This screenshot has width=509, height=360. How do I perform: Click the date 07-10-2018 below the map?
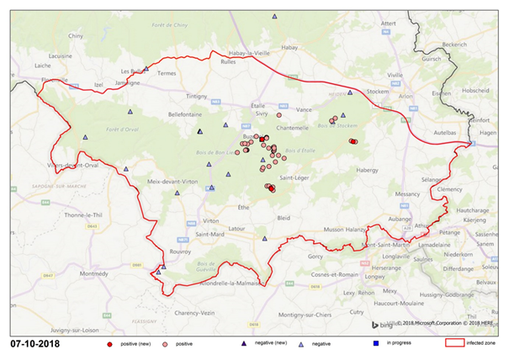click(35, 344)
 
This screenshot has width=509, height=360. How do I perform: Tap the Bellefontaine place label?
click(186, 112)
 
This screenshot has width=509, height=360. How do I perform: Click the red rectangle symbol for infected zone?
click(453, 343)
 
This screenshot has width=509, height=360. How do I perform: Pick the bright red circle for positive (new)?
click(110, 343)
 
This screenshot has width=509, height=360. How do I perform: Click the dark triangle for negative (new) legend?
click(241, 343)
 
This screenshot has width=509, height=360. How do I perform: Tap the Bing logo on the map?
click(381, 324)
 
